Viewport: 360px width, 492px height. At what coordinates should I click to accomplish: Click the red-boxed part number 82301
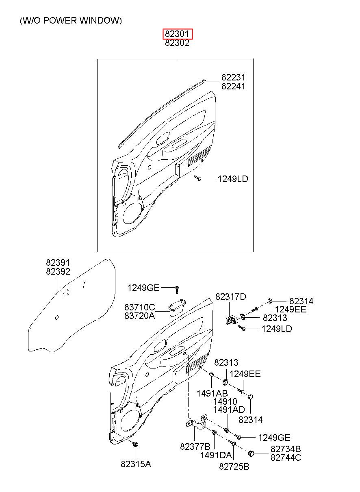(177, 34)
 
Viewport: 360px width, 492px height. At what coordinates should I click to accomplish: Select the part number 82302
(177, 43)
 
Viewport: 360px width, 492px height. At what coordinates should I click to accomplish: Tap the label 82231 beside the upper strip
(233, 77)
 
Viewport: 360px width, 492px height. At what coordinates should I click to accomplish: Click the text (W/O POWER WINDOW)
(71, 21)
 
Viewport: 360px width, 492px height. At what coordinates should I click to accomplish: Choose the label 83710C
(140, 307)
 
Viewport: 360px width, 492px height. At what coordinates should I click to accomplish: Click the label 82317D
(231, 297)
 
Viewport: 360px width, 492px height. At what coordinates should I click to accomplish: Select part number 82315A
(136, 464)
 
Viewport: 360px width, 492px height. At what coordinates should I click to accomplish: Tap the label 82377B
(195, 446)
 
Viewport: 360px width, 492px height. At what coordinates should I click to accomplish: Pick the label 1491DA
(216, 455)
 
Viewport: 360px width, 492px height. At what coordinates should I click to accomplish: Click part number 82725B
(234, 466)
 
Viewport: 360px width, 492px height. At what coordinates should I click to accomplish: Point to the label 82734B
(286, 449)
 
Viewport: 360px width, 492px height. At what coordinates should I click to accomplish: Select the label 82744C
(286, 458)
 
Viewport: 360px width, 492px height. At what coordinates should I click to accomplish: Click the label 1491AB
(212, 393)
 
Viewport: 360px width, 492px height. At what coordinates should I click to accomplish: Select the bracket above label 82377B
(197, 422)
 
